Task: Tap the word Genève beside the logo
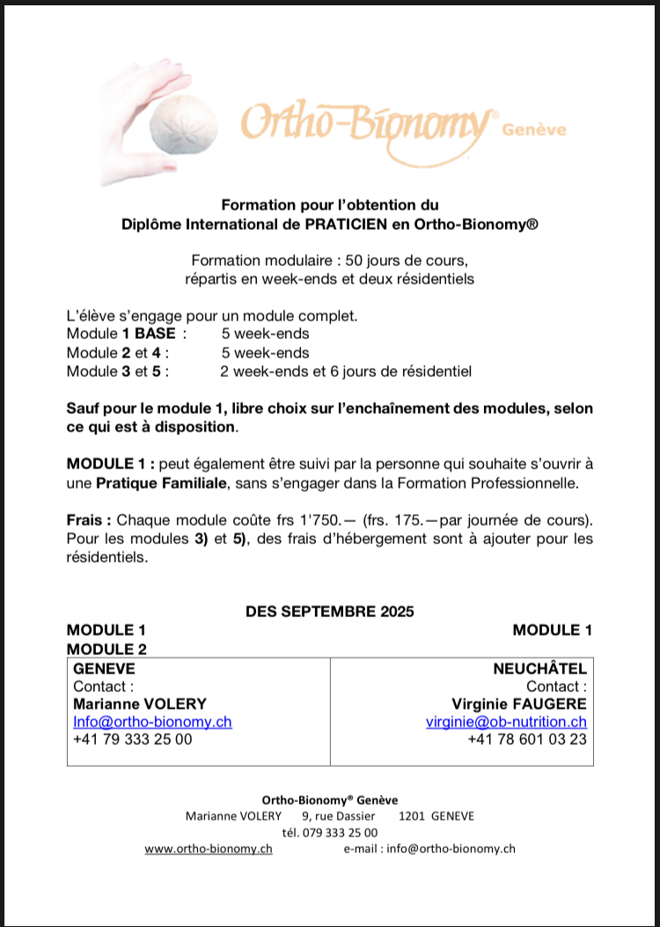tap(534, 130)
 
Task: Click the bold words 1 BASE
tap(150, 334)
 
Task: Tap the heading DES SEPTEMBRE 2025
tap(329, 611)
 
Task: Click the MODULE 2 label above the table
tap(106, 649)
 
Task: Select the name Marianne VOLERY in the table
tap(140, 703)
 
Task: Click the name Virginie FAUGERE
tap(518, 703)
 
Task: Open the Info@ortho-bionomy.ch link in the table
tap(152, 722)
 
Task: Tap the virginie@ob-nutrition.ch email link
tap(506, 722)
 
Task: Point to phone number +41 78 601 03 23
tap(527, 739)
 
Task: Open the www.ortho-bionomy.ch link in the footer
tap(209, 849)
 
